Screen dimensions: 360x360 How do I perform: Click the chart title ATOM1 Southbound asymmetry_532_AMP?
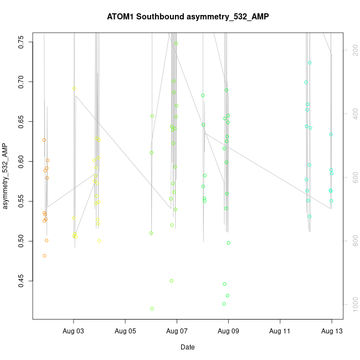click(x=188, y=17)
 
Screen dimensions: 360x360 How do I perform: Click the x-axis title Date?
click(x=188, y=347)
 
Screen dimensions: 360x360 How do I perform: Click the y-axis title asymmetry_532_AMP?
click(x=6, y=176)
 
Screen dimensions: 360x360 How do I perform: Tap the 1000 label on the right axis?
click(x=352, y=305)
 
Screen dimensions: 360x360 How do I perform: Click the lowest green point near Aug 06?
click(x=152, y=308)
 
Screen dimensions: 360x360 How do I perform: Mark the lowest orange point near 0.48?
click(x=44, y=256)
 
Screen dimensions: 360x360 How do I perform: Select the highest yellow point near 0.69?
click(x=74, y=89)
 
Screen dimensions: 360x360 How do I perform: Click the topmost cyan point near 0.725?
click(x=310, y=63)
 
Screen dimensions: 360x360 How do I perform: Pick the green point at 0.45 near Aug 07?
click(x=172, y=281)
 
